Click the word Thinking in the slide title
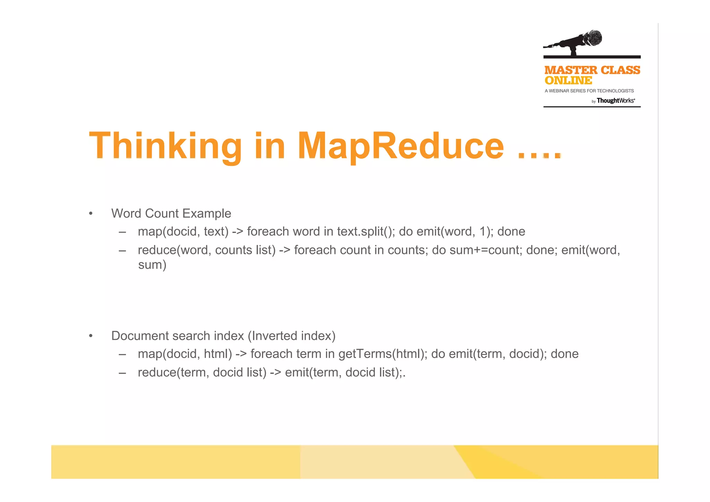click(165, 146)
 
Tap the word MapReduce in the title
click(400, 146)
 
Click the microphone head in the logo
click(593, 38)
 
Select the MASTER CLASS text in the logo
click(592, 70)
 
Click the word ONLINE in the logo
click(568, 80)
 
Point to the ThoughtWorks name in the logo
click(615, 101)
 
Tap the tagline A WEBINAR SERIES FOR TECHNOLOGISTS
click(589, 91)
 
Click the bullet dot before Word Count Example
click(91, 214)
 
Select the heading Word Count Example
click(171, 213)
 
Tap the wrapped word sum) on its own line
click(152, 265)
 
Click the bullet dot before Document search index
click(91, 336)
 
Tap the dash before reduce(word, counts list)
click(122, 250)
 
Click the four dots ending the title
click(539, 155)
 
